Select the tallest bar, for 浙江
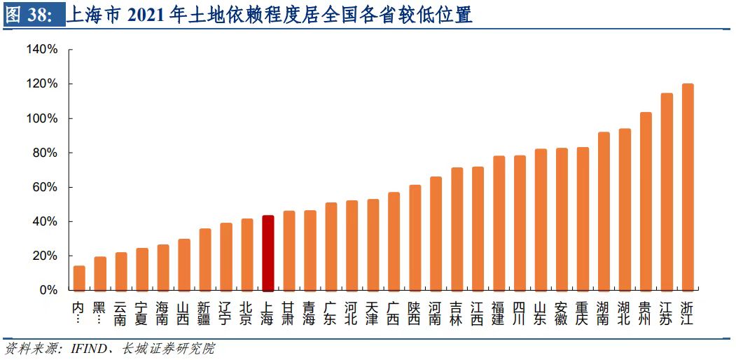point(688,187)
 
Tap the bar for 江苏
point(667,192)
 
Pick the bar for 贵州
point(646,202)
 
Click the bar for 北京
point(247,254)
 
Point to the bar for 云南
point(121,271)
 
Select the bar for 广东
point(331,247)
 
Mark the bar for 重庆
point(583,219)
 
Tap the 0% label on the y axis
point(48,290)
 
